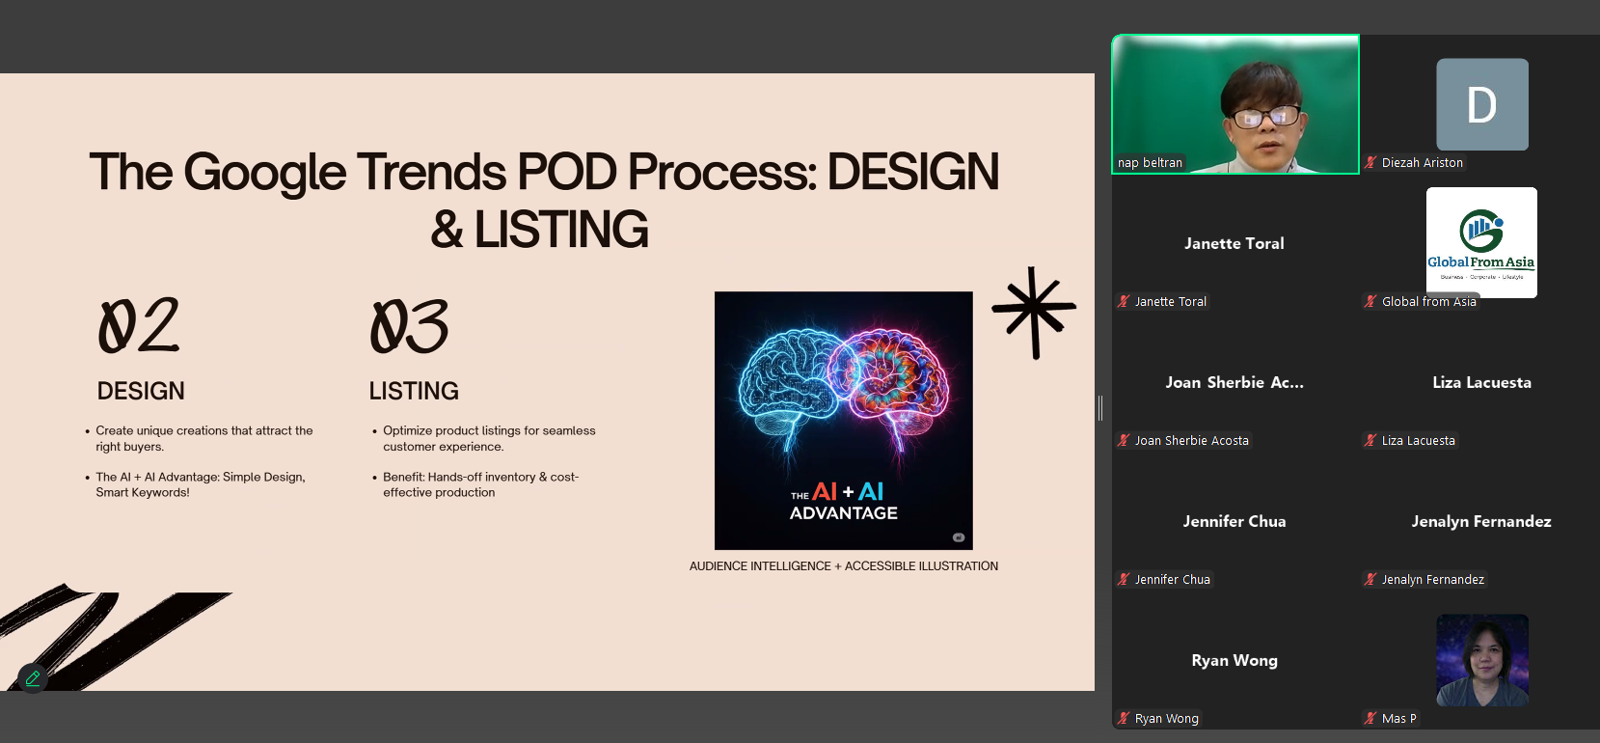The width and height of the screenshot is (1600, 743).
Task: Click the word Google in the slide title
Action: point(265,173)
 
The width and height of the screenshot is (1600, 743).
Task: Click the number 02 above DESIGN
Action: point(139,326)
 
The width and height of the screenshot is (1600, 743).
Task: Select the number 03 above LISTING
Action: point(409,326)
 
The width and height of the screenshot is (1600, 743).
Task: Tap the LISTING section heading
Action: point(414,391)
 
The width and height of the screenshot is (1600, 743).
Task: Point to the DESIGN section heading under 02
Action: point(141,391)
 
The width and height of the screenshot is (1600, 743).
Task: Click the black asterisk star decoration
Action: point(1034,312)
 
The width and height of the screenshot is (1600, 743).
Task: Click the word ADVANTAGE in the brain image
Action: point(844,513)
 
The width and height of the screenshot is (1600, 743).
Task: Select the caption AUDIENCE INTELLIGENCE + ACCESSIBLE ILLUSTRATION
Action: point(844,565)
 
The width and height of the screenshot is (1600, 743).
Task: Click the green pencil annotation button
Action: point(33,678)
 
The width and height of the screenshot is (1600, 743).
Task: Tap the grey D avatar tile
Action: point(1482,104)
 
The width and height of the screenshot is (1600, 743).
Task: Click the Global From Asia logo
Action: point(1481,242)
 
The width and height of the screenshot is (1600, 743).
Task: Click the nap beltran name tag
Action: point(1150,163)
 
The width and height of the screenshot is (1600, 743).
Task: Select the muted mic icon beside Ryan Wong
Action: point(1125,718)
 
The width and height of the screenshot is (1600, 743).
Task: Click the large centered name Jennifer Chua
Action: point(1234,521)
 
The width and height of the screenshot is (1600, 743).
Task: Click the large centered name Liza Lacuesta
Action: point(1482,382)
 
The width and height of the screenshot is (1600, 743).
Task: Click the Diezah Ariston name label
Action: point(1423,163)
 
